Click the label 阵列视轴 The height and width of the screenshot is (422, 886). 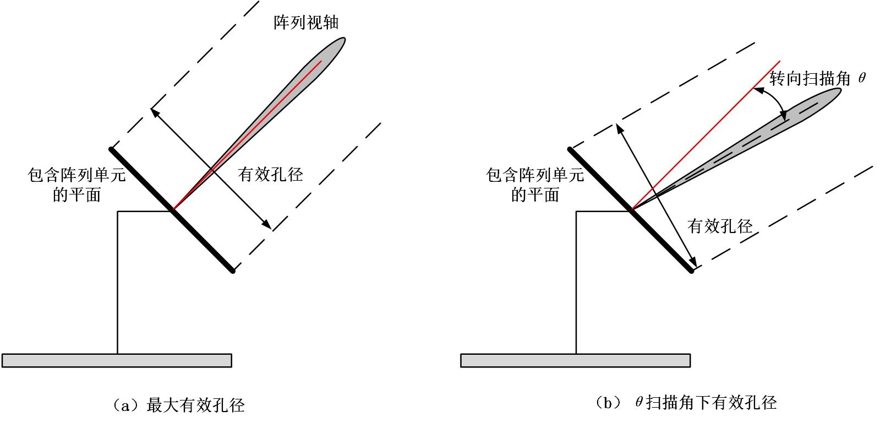coord(306,23)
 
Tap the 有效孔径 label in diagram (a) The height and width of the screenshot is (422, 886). coord(270,175)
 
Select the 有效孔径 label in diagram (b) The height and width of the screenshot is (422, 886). coord(720,226)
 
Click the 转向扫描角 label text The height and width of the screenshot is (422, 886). coord(810,79)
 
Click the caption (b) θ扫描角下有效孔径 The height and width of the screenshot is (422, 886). coord(686,403)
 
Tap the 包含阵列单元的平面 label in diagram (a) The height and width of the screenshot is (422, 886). coord(77,185)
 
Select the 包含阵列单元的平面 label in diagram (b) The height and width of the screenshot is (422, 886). coord(535,185)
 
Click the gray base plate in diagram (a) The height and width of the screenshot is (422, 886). coord(117,360)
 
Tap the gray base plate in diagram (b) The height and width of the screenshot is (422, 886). coord(575,360)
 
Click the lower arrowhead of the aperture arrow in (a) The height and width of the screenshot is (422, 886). coord(267,224)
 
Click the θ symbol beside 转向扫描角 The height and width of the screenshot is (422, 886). coord(862,79)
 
